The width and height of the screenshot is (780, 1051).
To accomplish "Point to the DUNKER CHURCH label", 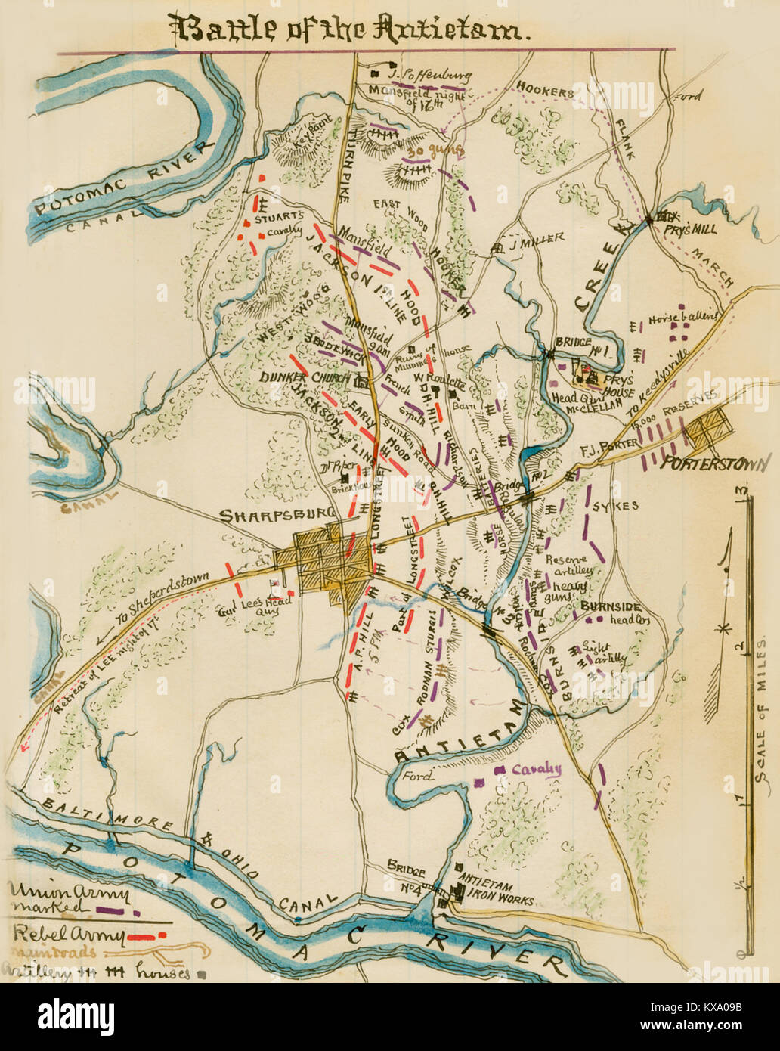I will pos(305,377).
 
